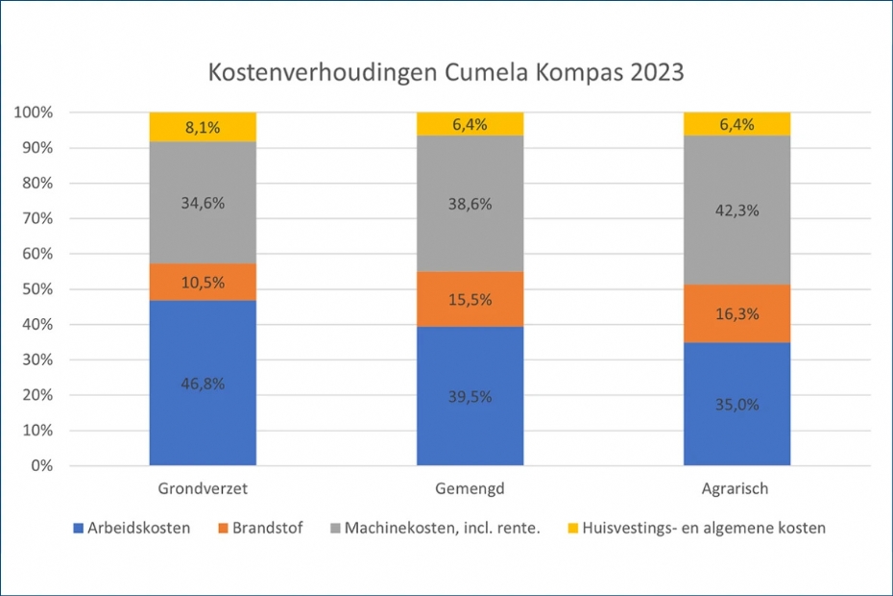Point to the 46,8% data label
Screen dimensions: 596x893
tap(203, 383)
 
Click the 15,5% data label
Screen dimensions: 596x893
tap(470, 299)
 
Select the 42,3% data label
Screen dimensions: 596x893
tap(736, 211)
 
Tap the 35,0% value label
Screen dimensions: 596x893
tap(736, 404)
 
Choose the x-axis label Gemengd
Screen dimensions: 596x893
tap(470, 489)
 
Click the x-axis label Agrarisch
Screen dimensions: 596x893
tap(736, 489)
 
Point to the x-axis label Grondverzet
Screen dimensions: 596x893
tap(203, 489)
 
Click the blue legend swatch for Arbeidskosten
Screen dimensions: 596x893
tap(78, 528)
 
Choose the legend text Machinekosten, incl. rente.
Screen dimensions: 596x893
tap(444, 528)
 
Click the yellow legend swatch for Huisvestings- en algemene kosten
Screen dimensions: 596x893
tap(572, 528)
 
